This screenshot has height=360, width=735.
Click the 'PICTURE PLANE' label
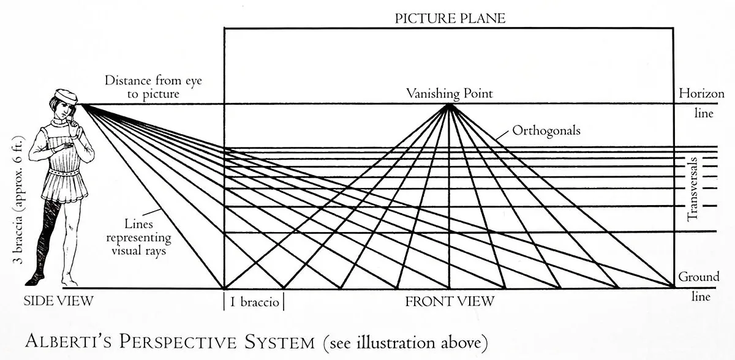pyautogui.click(x=450, y=18)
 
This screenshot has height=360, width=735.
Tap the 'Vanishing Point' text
pyautogui.click(x=449, y=94)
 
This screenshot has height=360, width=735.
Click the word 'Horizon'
pyautogui.click(x=701, y=94)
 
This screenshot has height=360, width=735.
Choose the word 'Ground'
pyautogui.click(x=698, y=277)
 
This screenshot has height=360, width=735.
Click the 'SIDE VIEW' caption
pyautogui.click(x=58, y=301)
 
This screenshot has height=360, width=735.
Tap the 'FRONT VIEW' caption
pyautogui.click(x=449, y=301)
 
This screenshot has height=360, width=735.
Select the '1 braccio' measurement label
pyautogui.click(x=254, y=302)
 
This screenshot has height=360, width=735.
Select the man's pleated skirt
pyautogui.click(x=64, y=187)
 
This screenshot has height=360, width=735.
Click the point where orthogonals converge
pyautogui.click(x=450, y=105)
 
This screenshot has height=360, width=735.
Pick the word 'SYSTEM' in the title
pyautogui.click(x=275, y=340)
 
